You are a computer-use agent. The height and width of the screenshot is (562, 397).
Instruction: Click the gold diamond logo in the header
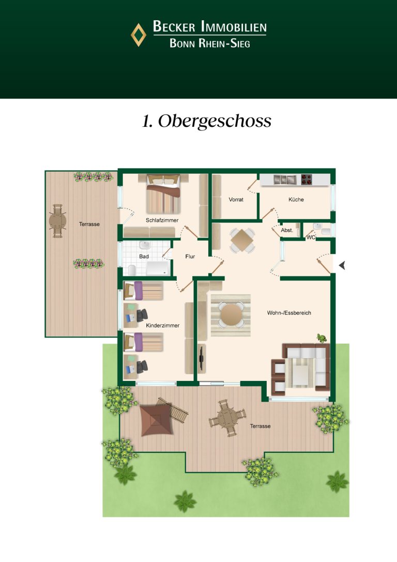[x=139, y=35]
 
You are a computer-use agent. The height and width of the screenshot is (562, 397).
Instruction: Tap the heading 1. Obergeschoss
[x=207, y=121]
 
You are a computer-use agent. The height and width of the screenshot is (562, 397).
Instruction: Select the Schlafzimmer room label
[x=162, y=220]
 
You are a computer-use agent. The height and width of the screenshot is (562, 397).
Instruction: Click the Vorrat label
[x=236, y=199]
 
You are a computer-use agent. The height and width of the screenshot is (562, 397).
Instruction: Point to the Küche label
[x=296, y=199]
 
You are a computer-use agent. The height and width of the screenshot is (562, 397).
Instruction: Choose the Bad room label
[x=144, y=256]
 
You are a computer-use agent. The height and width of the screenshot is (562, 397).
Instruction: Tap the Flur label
[x=190, y=256]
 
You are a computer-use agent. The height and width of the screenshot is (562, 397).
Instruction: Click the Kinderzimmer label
[x=162, y=326]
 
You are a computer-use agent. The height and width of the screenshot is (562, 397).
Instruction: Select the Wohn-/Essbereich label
[x=289, y=313]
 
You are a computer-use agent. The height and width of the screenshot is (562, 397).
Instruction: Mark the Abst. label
[x=287, y=230]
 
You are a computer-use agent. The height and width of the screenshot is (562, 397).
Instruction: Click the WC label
[x=311, y=238]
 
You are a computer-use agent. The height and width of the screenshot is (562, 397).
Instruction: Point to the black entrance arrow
[x=342, y=265]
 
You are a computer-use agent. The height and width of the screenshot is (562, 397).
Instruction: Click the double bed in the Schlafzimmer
[x=163, y=194]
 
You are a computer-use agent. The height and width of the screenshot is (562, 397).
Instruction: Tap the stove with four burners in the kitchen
[x=307, y=179]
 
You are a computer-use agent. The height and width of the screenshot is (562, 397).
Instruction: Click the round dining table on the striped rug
[x=231, y=315]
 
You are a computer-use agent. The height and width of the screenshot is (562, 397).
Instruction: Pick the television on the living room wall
[x=202, y=358]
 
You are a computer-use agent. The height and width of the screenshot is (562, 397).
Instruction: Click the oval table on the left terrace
[x=57, y=221]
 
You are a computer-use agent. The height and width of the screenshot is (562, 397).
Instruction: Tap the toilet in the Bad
[x=132, y=270]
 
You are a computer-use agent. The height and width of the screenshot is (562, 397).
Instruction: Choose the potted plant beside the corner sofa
[x=322, y=338]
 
